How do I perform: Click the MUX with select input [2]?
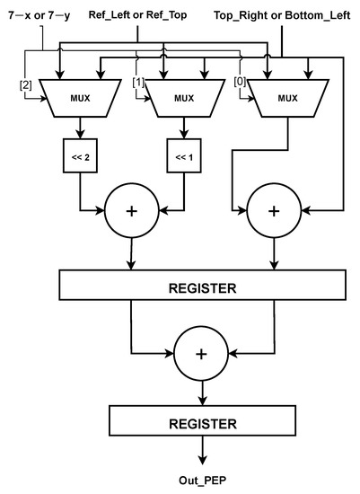click(80, 98)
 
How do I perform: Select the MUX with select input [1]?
click(183, 98)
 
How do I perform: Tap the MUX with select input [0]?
click(286, 98)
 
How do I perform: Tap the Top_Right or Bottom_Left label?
click(281, 15)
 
